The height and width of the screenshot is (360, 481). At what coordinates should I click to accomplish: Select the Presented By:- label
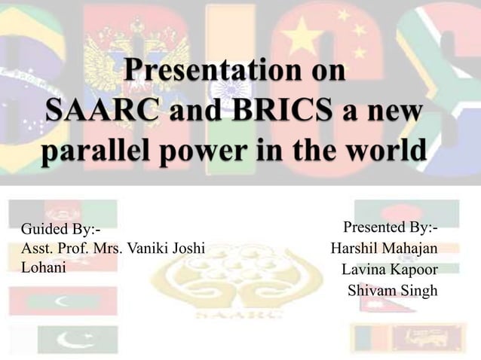(390, 227)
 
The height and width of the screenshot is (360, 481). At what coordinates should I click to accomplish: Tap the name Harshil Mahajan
(384, 248)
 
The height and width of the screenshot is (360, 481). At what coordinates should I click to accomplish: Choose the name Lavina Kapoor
(389, 269)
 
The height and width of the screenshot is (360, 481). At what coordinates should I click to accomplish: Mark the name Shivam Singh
(391, 290)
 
